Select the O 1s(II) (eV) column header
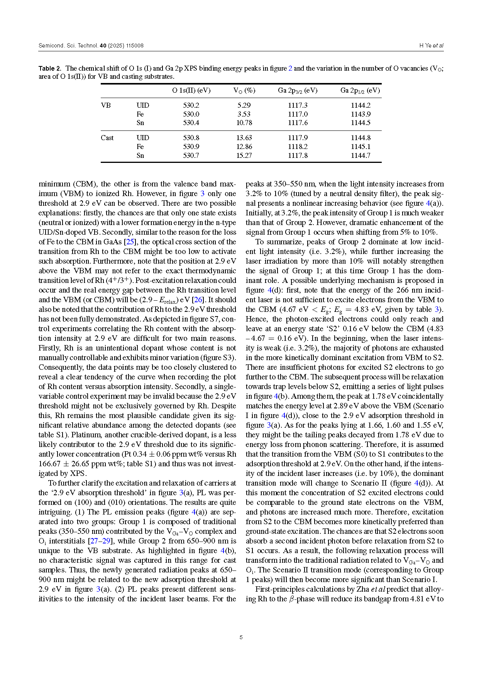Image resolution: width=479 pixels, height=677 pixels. tap(191, 91)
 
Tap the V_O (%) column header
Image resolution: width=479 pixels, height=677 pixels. tap(244, 91)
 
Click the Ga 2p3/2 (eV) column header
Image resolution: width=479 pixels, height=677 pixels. tap(298, 91)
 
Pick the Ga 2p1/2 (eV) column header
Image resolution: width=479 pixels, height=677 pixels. tap(360, 91)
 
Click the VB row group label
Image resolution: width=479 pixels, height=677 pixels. tap(106, 105)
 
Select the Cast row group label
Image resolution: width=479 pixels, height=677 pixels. tap(107, 138)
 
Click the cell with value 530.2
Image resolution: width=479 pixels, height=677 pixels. tap(191, 105)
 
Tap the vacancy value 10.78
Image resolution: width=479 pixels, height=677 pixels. tap(244, 123)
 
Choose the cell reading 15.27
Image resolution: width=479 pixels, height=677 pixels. tap(244, 156)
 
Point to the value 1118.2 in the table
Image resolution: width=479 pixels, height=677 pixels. tap(298, 147)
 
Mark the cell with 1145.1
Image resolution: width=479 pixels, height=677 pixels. tap(361, 147)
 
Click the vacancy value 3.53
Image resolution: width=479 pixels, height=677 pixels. tap(244, 114)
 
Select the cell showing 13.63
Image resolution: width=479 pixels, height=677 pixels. tap(244, 138)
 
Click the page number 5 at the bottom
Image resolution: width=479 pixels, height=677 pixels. tap(241, 637)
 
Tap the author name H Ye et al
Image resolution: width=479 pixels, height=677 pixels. tap(431, 46)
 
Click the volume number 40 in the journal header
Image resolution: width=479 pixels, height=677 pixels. tap(103, 46)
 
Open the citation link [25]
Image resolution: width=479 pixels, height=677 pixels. tap(130, 242)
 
